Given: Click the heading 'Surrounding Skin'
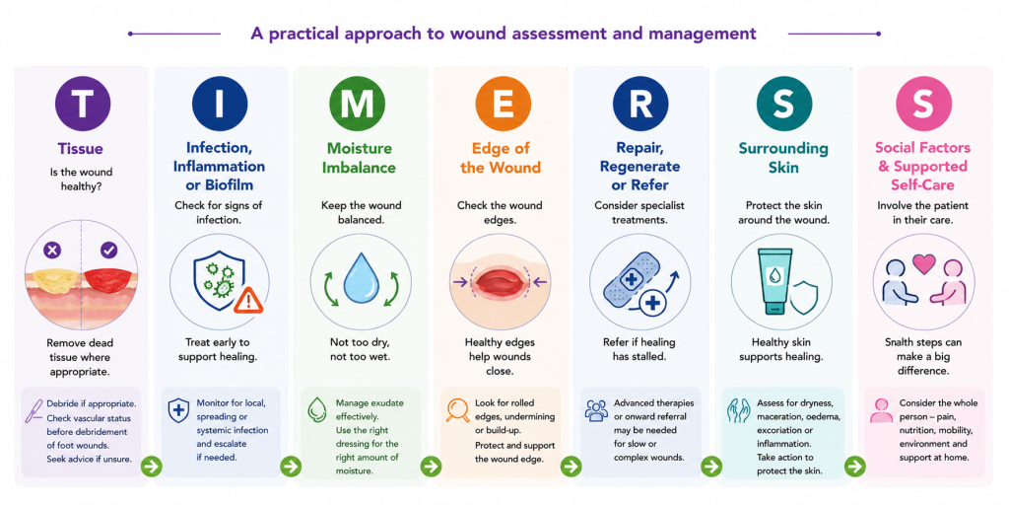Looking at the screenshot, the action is click(x=782, y=158).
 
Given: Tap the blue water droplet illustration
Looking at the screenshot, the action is click(x=357, y=278).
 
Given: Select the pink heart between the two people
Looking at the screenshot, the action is click(x=923, y=262).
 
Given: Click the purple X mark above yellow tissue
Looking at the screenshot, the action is click(x=52, y=249).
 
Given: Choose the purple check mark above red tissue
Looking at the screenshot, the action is click(x=108, y=249).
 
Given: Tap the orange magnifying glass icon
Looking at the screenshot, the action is click(x=457, y=410).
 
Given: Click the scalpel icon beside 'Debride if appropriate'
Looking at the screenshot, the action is click(x=33, y=410).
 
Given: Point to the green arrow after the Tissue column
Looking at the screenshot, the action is click(x=152, y=466).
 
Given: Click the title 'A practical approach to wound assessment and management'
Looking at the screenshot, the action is click(x=504, y=33).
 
